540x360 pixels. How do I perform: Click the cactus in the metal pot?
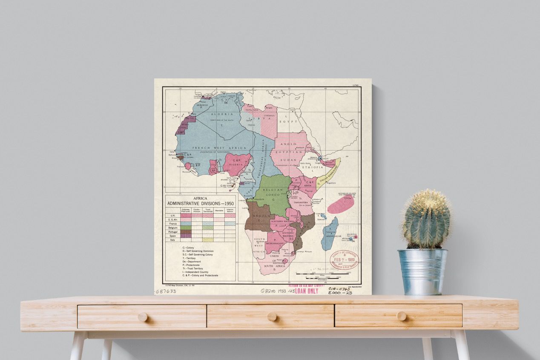[426, 219]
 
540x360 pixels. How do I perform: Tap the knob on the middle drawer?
[272, 317]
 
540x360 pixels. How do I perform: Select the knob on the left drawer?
[143, 317]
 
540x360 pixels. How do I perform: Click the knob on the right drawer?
[401, 316]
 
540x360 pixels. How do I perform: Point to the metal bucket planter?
[422, 271]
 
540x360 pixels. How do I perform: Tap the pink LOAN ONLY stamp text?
[306, 291]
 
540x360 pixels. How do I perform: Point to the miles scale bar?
[323, 273]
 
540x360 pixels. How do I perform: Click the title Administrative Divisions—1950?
[200, 204]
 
